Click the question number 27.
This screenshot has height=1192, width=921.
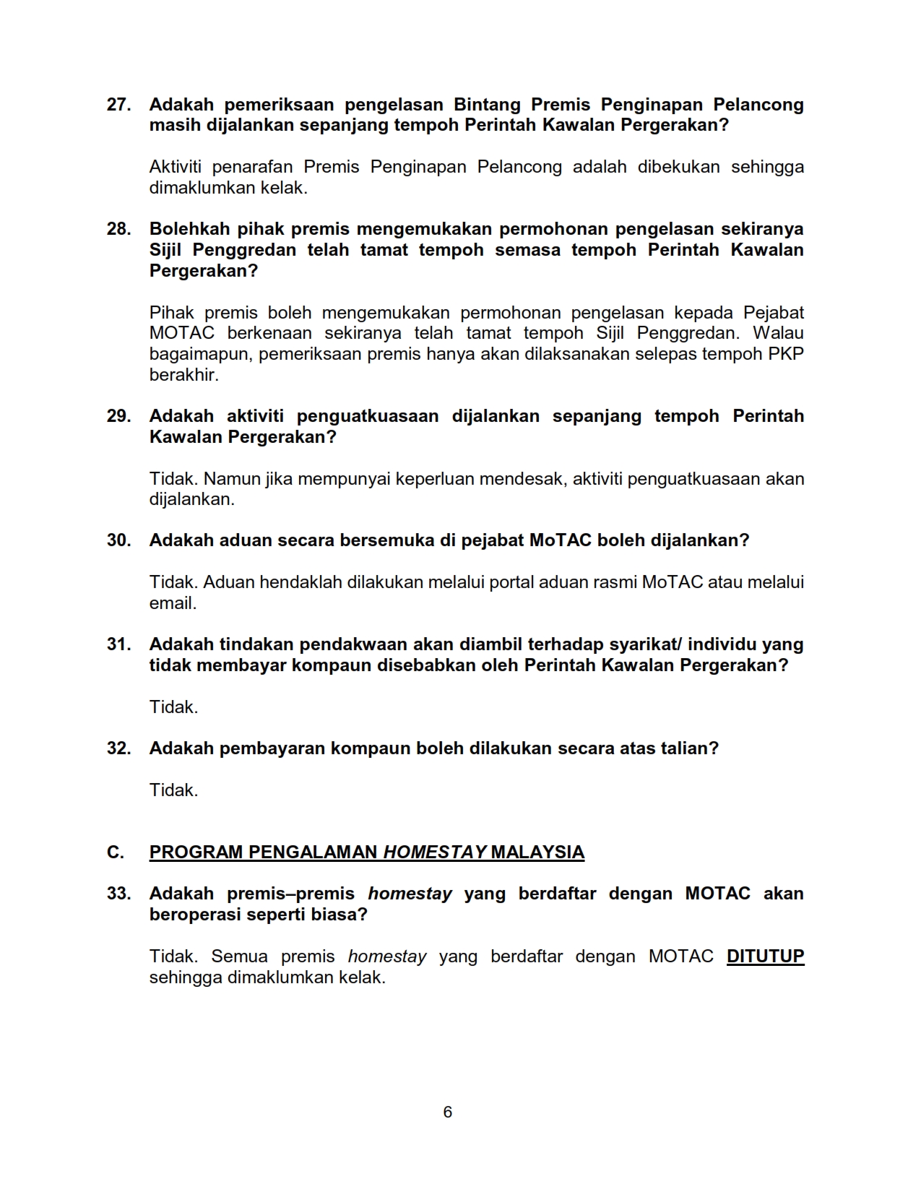118,105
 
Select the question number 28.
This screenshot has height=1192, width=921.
118,229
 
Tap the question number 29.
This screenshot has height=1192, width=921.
118,416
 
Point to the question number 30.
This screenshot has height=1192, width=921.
118,540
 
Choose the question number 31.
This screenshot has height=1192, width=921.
118,644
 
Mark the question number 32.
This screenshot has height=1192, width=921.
118,748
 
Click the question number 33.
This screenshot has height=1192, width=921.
118,894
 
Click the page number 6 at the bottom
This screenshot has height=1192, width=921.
448,1112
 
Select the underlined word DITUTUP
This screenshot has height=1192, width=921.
765,956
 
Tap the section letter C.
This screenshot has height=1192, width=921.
115,852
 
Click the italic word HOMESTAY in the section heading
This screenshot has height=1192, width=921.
434,852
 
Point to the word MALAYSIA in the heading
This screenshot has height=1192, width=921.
537,852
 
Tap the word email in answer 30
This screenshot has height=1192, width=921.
173,603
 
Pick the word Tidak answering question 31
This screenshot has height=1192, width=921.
173,707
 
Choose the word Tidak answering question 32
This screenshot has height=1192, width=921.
173,790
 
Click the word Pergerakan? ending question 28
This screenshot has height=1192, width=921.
203,271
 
